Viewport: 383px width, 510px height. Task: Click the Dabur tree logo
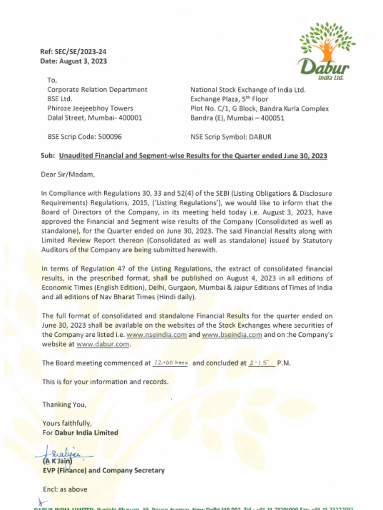(x=327, y=50)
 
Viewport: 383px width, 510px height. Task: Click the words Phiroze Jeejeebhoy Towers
(x=90, y=108)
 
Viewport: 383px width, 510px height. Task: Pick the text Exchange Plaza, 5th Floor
(x=229, y=99)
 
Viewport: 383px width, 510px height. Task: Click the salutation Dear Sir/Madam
(x=67, y=174)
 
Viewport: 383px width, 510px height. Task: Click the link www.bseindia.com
(x=232, y=335)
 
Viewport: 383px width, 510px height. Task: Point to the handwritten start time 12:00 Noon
(x=170, y=363)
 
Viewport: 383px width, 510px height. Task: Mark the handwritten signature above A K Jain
(x=62, y=452)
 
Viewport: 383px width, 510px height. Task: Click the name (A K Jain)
(x=57, y=461)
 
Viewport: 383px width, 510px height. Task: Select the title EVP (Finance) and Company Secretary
(x=103, y=470)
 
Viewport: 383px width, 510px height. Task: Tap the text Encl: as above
(x=65, y=489)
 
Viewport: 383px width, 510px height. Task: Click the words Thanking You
(x=64, y=404)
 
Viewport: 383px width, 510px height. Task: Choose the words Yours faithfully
(x=67, y=424)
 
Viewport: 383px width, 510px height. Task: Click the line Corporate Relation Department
(x=97, y=90)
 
